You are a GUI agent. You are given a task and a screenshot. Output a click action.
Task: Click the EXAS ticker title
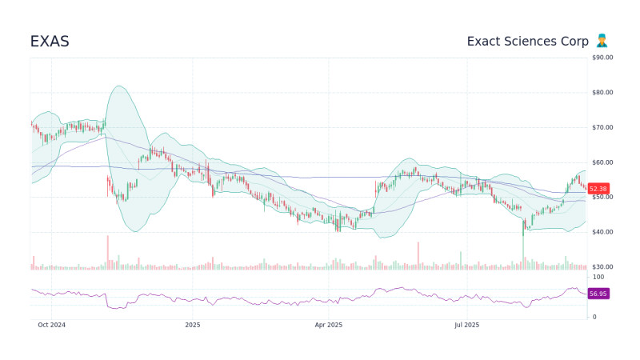click(x=50, y=42)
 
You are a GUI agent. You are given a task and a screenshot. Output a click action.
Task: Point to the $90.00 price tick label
click(x=602, y=58)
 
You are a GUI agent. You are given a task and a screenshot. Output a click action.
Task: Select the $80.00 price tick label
click(x=602, y=93)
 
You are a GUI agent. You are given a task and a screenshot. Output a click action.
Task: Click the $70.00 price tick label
click(x=602, y=127)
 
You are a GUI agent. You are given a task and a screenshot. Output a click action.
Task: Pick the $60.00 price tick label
click(x=602, y=162)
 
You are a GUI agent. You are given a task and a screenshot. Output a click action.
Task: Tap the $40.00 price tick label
click(x=602, y=232)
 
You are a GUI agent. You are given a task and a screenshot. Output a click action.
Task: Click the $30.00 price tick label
click(x=602, y=266)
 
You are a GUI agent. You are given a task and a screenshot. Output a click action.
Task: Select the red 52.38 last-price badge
click(x=598, y=189)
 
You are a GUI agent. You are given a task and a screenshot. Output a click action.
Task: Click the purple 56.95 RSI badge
click(x=598, y=294)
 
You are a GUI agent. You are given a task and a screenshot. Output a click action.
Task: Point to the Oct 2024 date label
click(x=51, y=326)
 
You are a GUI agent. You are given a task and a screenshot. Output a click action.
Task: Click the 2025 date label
click(x=192, y=326)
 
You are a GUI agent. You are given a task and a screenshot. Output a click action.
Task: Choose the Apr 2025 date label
click(x=329, y=326)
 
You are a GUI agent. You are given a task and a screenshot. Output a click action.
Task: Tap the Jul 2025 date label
click(x=466, y=326)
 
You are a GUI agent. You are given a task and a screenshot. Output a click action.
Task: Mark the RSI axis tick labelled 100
click(x=598, y=277)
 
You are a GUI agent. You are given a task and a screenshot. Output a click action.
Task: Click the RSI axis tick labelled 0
click(x=593, y=318)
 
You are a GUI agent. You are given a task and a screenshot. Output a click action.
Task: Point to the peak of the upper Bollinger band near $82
click(x=119, y=86)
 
